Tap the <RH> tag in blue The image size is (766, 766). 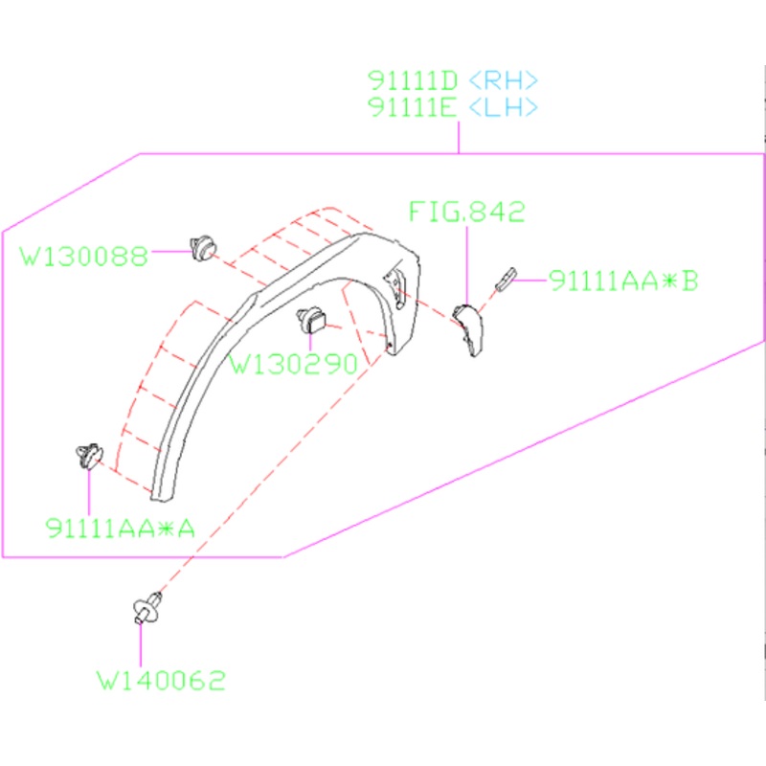point(505,79)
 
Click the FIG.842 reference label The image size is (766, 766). point(467,213)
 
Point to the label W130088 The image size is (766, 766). point(84,256)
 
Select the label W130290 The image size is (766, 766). point(294,364)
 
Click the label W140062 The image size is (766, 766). point(161,681)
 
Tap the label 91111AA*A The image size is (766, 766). point(120,527)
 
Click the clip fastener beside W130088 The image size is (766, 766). point(203,246)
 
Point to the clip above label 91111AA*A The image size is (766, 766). point(88,455)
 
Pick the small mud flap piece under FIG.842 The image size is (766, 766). point(469,326)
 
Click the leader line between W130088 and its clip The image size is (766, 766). point(169,252)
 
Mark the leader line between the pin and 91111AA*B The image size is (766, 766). point(531,280)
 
